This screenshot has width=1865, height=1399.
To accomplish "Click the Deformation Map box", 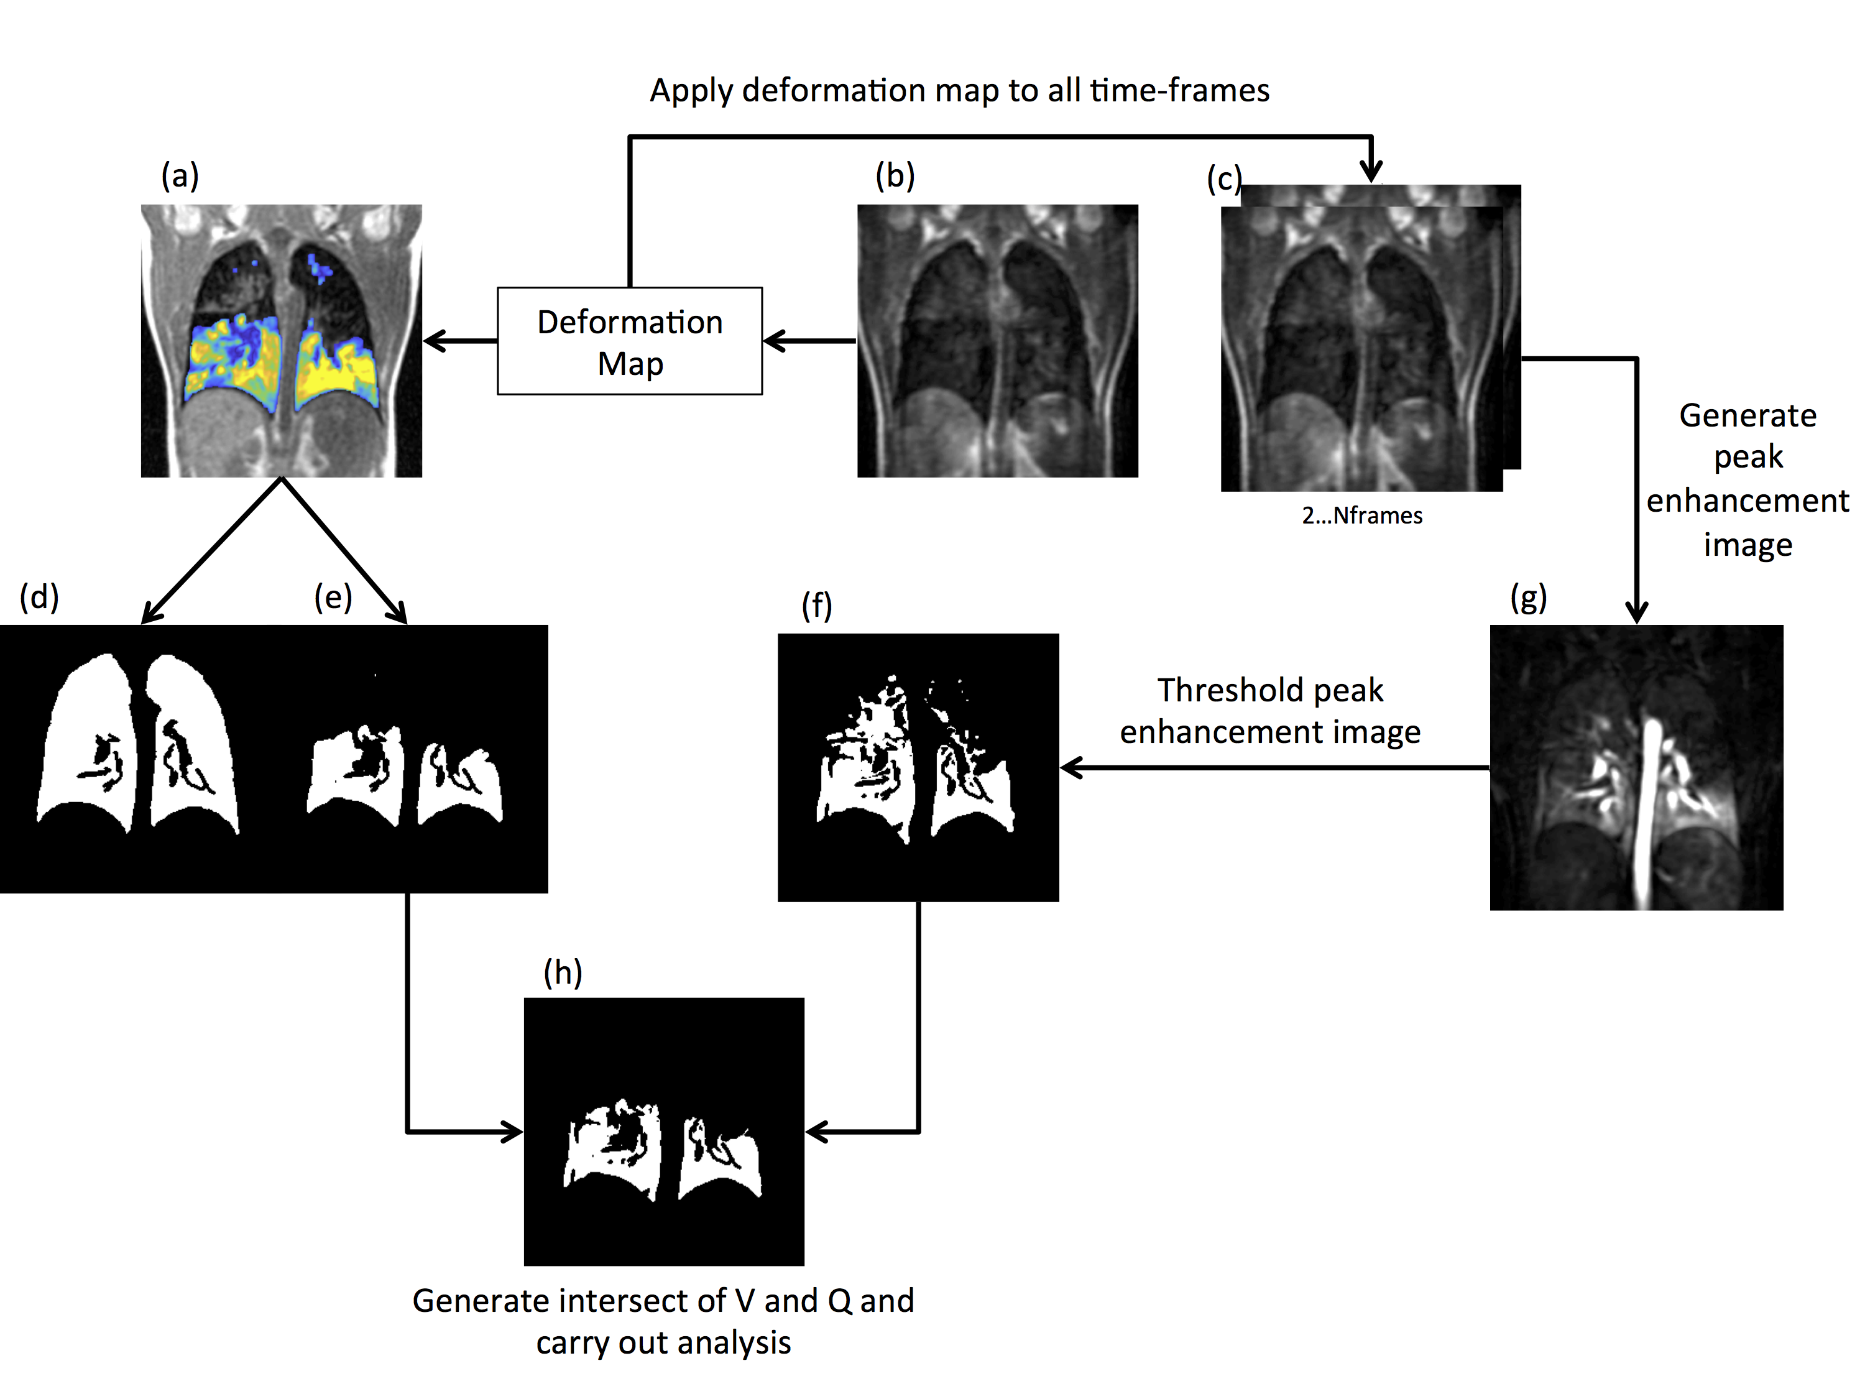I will point(630,341).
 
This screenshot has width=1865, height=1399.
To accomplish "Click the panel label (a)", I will point(180,175).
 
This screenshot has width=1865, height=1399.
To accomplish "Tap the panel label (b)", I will point(895,175).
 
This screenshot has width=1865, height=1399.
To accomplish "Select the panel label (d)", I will point(39,597).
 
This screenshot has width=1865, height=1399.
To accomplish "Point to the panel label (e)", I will point(333,597).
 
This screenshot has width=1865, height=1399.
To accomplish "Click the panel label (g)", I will point(1528,598).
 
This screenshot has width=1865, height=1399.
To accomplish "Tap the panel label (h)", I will point(563,972).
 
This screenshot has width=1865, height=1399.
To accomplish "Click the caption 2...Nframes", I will point(1361,515).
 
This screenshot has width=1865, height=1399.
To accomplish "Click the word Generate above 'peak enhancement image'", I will point(1747,416).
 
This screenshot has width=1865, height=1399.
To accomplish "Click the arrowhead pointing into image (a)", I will point(431,341).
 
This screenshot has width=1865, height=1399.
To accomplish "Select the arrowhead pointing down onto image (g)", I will point(1636,613).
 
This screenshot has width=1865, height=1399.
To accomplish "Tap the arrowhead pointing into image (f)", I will point(1070,767).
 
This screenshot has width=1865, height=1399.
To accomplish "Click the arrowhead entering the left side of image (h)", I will point(513,1131).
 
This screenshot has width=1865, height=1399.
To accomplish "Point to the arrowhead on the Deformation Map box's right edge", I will point(772,341).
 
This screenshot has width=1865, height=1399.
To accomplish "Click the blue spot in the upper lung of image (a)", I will point(320,267).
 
